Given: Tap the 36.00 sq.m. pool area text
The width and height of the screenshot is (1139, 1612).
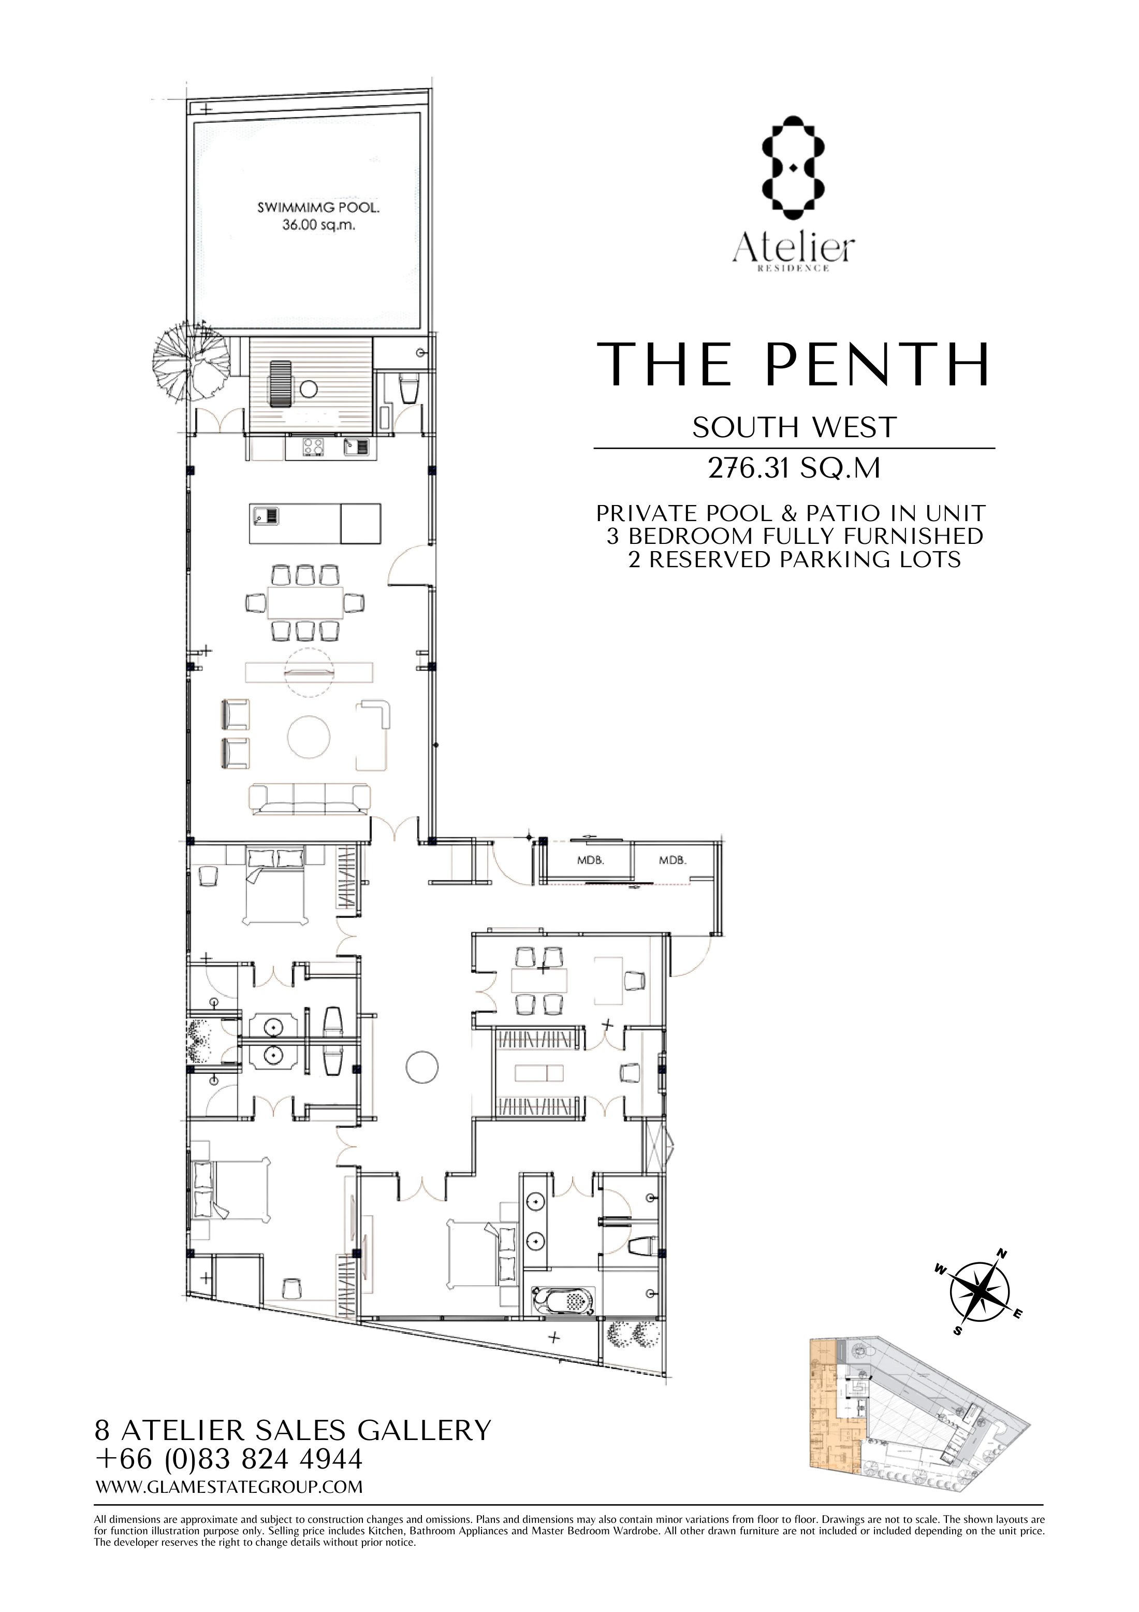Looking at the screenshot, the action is point(318,226).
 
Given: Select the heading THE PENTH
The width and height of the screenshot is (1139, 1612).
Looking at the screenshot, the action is point(793,365).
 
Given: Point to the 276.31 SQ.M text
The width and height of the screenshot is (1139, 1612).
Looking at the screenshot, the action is point(794,468).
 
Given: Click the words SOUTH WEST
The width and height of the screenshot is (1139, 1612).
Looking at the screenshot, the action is point(794,427).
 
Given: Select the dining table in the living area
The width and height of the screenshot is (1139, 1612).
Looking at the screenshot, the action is point(304,603).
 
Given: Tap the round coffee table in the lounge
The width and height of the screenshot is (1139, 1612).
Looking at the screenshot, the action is point(309,737).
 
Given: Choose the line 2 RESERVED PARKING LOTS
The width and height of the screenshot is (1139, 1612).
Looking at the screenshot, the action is point(794,559).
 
